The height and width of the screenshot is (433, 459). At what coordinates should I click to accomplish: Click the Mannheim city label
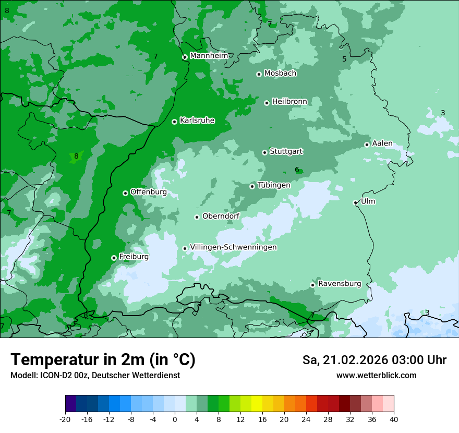209,56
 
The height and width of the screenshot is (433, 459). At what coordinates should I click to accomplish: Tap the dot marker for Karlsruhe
174,122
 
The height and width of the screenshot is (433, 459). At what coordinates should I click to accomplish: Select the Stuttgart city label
286,152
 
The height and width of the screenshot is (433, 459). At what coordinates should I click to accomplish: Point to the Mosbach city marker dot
259,74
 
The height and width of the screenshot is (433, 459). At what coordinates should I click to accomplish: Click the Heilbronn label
289,102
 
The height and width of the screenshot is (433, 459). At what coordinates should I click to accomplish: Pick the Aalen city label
382,143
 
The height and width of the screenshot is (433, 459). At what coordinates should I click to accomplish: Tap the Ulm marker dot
355,202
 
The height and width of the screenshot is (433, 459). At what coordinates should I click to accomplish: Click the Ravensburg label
339,284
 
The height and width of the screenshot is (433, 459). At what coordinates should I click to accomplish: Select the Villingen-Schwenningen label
233,247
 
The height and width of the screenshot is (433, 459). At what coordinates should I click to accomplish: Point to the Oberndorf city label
221,216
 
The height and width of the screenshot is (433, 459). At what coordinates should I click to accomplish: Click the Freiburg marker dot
114,258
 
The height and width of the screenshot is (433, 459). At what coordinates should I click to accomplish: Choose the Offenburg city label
148,192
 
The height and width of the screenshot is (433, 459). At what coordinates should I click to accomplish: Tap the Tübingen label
273,185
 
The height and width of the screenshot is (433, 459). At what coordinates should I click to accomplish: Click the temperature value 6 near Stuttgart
297,170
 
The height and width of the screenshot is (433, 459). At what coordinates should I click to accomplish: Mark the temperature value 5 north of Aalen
344,59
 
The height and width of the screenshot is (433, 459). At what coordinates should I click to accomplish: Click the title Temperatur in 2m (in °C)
103,359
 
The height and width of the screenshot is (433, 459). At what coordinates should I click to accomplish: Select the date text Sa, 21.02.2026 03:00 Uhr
374,360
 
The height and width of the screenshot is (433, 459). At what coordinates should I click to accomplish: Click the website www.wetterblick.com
376,375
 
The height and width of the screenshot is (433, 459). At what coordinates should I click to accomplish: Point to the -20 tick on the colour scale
65,419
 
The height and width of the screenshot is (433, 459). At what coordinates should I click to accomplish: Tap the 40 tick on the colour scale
394,419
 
